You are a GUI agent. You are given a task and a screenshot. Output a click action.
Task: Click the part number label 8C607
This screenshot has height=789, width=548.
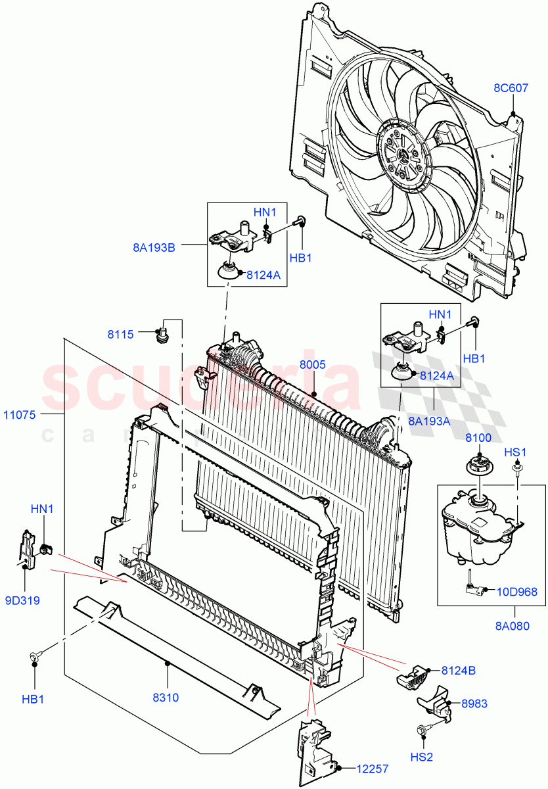point(511,87)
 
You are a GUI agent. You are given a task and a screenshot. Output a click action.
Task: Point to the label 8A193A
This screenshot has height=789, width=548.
point(428,421)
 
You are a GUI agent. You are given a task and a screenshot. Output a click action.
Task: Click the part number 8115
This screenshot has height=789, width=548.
point(121,334)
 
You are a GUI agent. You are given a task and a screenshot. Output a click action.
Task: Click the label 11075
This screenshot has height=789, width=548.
point(22,415)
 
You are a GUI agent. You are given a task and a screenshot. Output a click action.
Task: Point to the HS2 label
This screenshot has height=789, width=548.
point(422,757)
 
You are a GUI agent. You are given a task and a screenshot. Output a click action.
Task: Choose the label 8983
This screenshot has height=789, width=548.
point(474,703)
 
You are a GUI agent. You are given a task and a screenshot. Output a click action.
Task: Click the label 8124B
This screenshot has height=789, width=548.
point(459,671)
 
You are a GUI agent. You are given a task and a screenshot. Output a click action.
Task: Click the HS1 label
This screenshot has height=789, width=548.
point(515,452)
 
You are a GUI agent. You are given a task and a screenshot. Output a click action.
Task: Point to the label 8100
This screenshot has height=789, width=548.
point(478,437)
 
